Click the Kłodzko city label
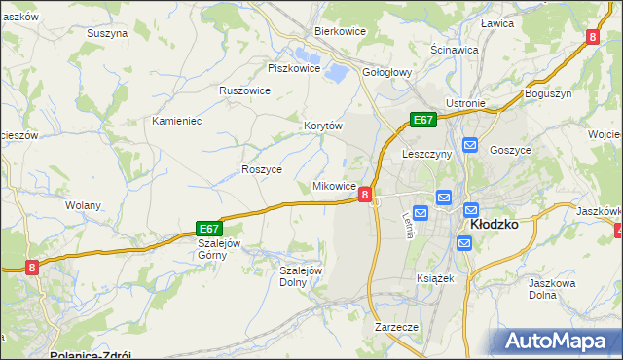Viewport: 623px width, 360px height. point(494,223)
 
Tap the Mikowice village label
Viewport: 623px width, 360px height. point(333,185)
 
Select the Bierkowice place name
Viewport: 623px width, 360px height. point(340,30)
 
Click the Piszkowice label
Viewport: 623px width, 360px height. point(294,68)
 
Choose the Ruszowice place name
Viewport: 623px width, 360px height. point(244,90)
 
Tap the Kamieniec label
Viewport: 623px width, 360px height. point(176,121)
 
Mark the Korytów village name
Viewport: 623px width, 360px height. point(324,126)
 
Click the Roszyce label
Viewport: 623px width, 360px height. point(261,168)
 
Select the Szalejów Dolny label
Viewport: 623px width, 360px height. point(301,276)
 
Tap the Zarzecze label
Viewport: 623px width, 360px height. point(396,327)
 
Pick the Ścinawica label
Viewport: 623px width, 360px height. point(455,49)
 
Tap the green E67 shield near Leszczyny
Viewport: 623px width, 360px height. point(422,120)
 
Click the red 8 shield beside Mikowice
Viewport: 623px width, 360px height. point(365,195)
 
